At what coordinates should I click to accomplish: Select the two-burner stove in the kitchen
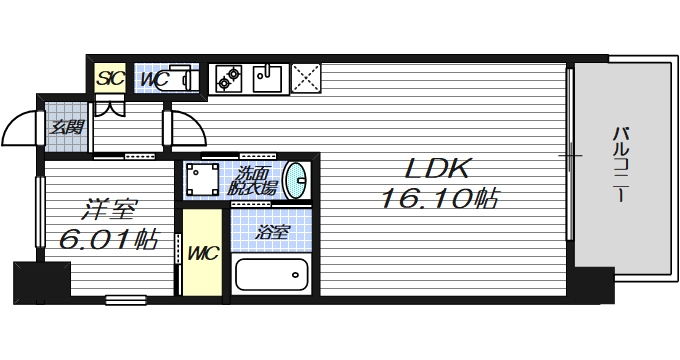227,76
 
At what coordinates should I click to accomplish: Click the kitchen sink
268,76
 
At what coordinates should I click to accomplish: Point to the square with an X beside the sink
304,76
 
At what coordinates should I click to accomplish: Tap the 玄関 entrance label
69,127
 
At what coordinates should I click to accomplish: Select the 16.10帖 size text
439,200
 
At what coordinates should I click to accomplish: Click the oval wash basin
296,180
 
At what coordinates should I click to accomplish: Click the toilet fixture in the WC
179,77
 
